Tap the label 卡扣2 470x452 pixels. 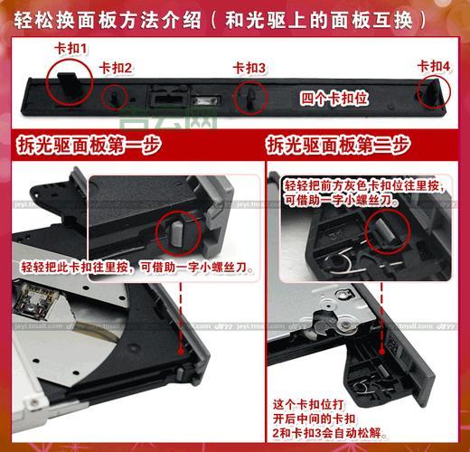[116, 67]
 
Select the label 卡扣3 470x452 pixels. [249, 68]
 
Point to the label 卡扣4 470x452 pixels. [433, 65]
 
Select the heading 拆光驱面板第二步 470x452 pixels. [338, 145]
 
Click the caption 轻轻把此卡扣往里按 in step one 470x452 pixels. [136, 268]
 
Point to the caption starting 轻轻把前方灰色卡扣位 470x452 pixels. [340, 189]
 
